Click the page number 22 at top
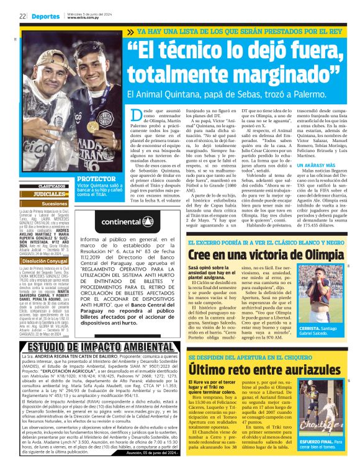[22, 16]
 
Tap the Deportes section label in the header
[46, 16]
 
